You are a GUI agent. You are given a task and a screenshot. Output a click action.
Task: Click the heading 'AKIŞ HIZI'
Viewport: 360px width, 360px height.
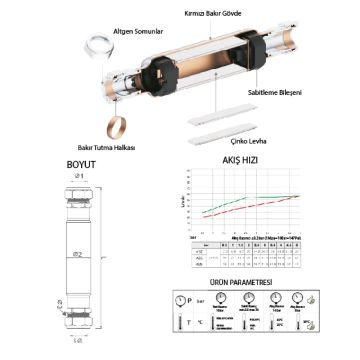pos(244,160)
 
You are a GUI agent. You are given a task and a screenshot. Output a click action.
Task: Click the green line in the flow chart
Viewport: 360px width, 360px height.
pos(240,199)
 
